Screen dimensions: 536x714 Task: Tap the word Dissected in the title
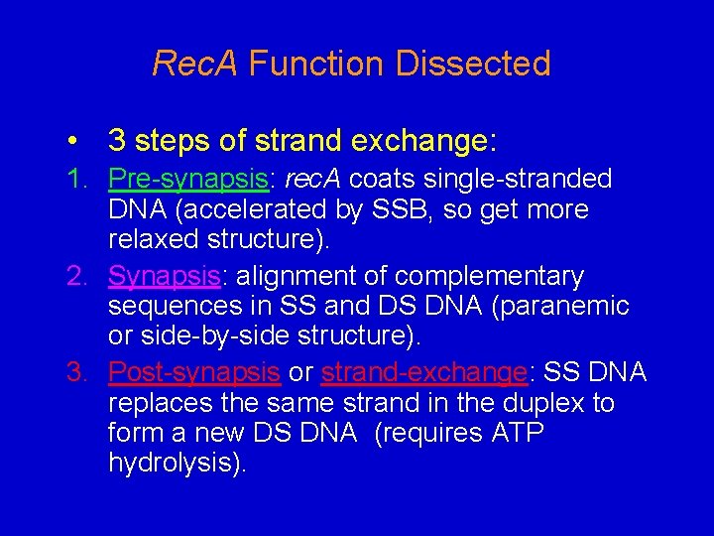click(473, 65)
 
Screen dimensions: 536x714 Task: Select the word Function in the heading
click(316, 65)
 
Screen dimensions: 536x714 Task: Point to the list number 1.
click(76, 180)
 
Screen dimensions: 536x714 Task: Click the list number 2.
click(76, 276)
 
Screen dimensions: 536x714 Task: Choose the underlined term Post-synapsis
click(193, 372)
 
